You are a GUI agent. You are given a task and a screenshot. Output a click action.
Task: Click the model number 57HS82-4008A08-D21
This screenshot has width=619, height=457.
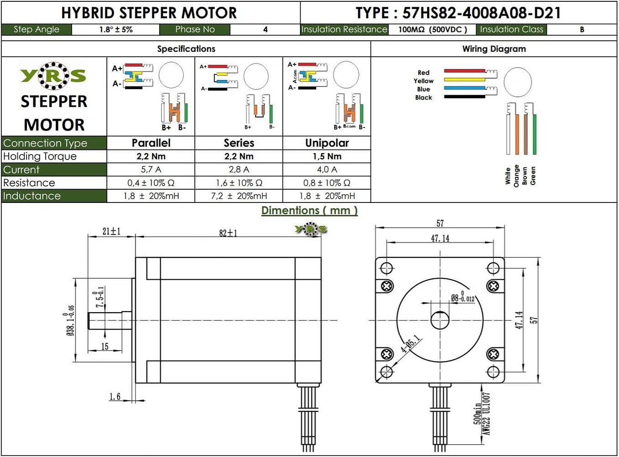(x=481, y=13)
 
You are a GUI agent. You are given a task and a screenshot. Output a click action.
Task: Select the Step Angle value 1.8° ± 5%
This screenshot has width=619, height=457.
(x=116, y=30)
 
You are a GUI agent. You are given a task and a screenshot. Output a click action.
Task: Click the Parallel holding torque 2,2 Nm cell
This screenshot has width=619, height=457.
(x=151, y=156)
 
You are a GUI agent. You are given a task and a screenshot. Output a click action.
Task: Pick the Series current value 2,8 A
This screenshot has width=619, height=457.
(x=239, y=170)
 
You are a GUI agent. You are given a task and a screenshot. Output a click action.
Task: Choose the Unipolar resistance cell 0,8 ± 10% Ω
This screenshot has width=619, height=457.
(x=327, y=183)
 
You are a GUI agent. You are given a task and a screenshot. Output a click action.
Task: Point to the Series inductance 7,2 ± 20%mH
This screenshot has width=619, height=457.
(x=239, y=196)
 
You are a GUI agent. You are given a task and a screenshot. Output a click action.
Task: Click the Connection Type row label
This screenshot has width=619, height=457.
(x=45, y=143)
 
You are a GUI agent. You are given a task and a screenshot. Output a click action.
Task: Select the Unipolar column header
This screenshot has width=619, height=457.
(x=327, y=143)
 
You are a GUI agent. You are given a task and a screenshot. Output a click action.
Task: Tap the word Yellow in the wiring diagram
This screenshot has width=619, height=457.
(x=424, y=81)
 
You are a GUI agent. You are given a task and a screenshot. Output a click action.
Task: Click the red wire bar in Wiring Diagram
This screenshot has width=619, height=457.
(x=464, y=71)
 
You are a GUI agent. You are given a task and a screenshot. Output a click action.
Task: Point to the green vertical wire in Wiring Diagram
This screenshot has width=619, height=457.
(x=535, y=134)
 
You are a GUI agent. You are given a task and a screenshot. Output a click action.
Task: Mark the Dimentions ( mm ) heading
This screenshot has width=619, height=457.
(x=309, y=211)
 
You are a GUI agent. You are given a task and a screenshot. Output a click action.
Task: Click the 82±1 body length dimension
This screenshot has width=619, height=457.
(x=228, y=233)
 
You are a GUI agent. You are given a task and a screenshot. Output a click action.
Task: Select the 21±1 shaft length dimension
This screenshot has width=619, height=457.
(x=111, y=231)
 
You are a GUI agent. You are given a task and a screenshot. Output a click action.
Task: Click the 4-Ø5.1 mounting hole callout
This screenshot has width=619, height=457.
(x=410, y=344)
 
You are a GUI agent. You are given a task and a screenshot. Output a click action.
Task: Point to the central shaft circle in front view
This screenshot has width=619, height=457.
(x=440, y=320)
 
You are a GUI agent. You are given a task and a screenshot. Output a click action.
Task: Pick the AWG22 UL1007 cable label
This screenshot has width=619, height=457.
(x=487, y=414)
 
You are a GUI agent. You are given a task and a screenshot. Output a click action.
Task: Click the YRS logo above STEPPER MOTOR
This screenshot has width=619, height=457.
(x=53, y=76)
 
